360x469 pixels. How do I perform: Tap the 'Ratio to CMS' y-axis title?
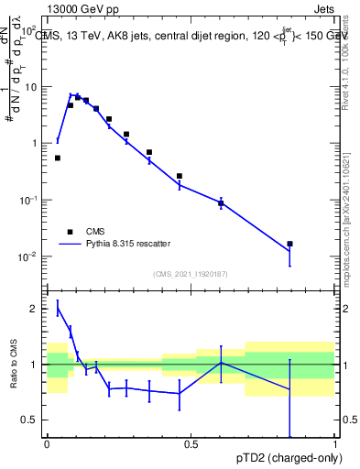click(x=15, y=366)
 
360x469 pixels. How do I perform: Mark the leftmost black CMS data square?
click(x=58, y=158)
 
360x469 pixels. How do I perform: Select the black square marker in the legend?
click(x=70, y=232)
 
